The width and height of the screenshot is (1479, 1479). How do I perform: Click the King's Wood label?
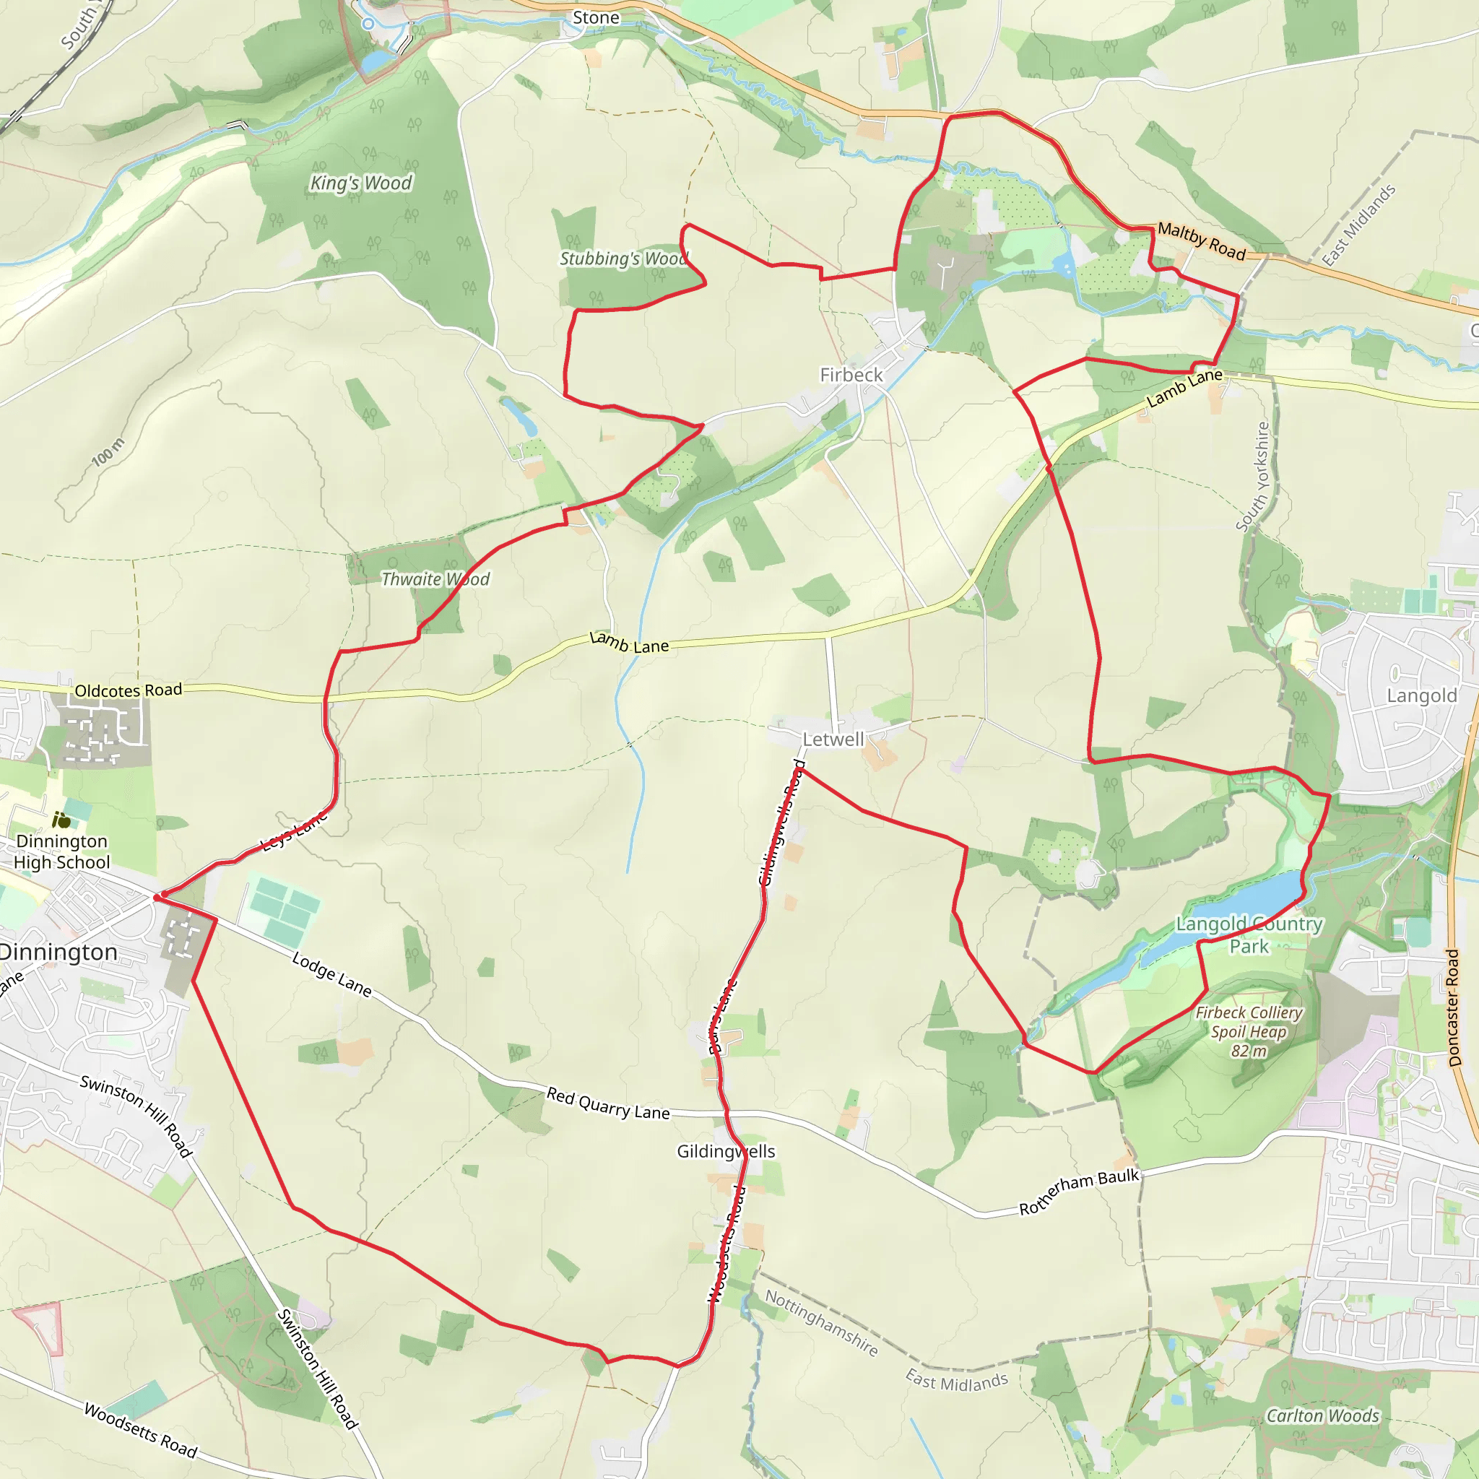coord(360,183)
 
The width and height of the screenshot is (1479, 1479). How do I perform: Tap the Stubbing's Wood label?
coord(623,259)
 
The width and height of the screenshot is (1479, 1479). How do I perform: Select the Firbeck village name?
coord(851,375)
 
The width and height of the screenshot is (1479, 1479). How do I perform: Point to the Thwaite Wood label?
coord(435,579)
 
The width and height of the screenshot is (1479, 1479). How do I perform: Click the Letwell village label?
coord(833,739)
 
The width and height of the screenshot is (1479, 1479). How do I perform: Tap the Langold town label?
coord(1421,696)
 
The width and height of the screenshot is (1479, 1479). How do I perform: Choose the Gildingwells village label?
coord(726,1151)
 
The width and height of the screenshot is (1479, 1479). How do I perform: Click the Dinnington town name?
coord(58,953)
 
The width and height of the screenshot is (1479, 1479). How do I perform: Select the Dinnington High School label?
coord(62,851)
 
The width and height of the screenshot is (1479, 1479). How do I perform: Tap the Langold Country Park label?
coord(1249,934)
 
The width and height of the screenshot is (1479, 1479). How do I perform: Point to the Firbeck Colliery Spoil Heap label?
coord(1249,1031)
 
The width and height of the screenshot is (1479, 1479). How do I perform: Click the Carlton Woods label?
coord(1323,1416)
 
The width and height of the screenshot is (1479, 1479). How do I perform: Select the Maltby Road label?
coord(1201,240)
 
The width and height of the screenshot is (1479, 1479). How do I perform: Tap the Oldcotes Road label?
coord(128,690)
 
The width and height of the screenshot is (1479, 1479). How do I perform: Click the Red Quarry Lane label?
coord(608,1104)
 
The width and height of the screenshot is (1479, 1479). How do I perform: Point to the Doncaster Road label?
coord(1454,1007)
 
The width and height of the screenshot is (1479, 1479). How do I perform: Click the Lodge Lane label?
coord(332,974)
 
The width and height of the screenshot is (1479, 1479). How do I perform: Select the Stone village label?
coord(596,17)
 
